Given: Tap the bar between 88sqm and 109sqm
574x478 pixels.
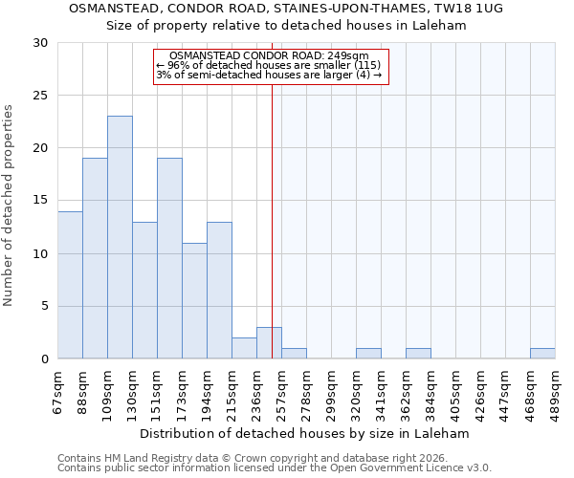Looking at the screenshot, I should [95, 258].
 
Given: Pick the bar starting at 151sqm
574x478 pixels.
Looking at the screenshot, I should [169, 258].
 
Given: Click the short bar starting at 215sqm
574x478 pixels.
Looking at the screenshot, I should [244, 349].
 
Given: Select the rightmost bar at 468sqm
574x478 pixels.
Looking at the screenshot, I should [542, 354].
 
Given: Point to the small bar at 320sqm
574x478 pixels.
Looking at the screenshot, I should [368, 354].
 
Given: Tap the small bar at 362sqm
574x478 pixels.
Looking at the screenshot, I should [418, 354].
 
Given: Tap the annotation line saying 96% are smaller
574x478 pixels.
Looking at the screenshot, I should [267, 65].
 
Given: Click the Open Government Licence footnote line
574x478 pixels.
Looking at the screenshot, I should [275, 468].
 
